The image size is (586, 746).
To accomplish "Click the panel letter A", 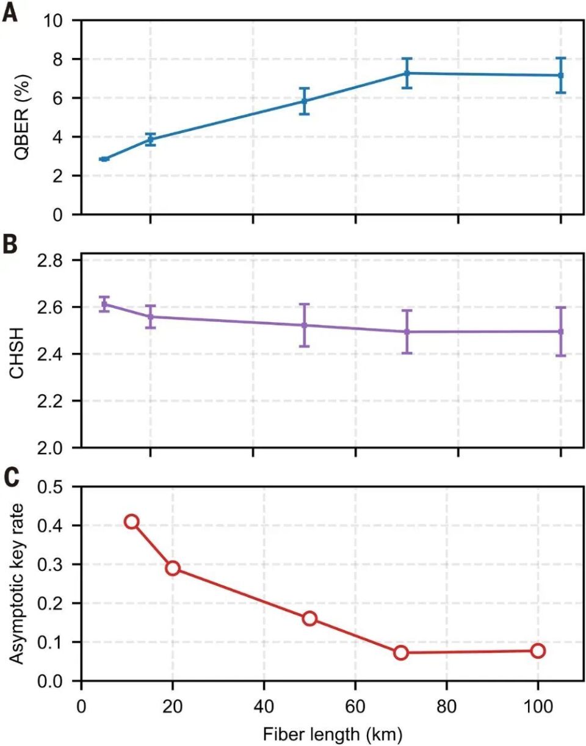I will point(10,12).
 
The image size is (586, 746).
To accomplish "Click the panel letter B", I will point(10,244).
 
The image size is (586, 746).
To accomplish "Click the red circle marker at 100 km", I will point(538,651).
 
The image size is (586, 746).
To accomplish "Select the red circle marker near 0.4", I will point(131,521).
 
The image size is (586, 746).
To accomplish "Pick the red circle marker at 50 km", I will point(309,618).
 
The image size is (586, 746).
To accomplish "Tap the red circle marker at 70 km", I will point(401,653).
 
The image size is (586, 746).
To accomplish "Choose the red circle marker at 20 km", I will point(173,568).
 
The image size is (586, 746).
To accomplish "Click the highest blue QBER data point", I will point(407,73).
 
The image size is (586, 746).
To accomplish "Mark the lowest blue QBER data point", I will point(104,159).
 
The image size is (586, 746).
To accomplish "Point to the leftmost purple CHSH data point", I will point(104,304).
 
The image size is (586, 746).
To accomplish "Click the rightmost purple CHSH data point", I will point(560,331).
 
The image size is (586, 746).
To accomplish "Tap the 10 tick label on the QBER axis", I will point(55,20).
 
